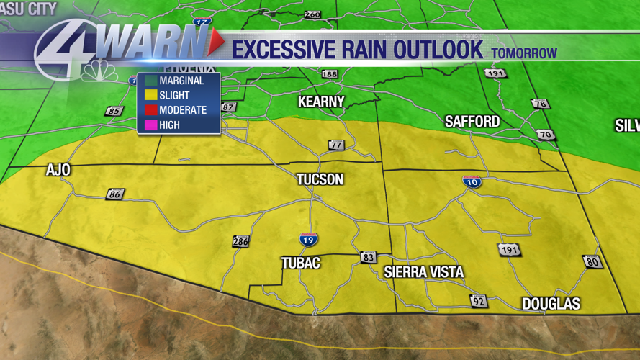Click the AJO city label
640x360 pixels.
(x=58, y=170)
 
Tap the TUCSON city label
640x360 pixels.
(x=320, y=179)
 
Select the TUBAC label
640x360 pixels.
(x=301, y=264)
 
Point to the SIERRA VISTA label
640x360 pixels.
(x=423, y=272)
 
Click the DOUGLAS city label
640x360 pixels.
(x=551, y=304)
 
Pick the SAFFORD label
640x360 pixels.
(x=472, y=121)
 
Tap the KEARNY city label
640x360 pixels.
(x=321, y=102)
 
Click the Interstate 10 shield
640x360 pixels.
(x=472, y=181)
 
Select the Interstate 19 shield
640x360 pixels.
(x=309, y=240)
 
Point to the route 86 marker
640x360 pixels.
(x=115, y=194)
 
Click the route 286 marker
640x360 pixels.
(x=240, y=241)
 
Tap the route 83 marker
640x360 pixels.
(x=369, y=257)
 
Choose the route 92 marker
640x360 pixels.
(x=479, y=301)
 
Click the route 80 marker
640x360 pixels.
(x=592, y=261)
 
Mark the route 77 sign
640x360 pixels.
(x=336, y=145)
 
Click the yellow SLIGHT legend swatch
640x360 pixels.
(x=150, y=95)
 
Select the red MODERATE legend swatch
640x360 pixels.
(x=150, y=110)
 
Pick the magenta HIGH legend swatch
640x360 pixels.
(x=150, y=125)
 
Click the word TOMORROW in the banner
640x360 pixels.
(x=524, y=53)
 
